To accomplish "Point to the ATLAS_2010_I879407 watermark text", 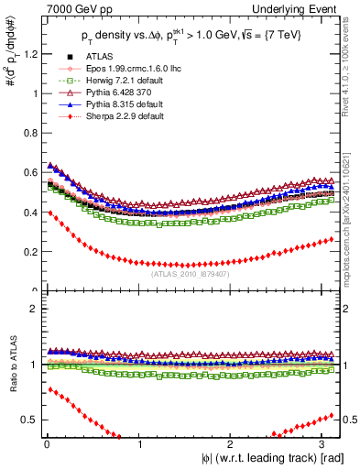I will click(x=188, y=273).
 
